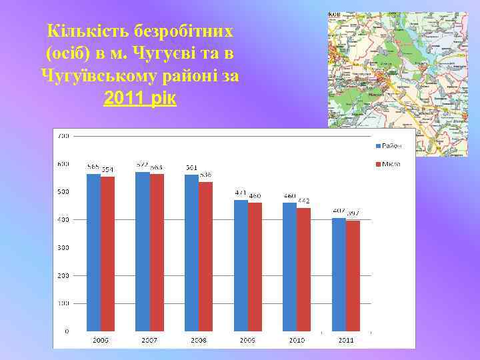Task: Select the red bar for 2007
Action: [157, 253]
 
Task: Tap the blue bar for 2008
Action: [192, 253]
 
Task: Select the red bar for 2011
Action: [353, 276]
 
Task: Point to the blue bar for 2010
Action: [290, 267]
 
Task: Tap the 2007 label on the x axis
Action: [149, 340]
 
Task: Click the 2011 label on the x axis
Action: [346, 340]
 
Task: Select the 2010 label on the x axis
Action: [297, 340]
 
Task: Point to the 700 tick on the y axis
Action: [63, 136]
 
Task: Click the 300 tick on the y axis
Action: [63, 247]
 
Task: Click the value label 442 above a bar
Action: [304, 201]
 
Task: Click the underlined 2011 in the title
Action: [123, 99]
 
